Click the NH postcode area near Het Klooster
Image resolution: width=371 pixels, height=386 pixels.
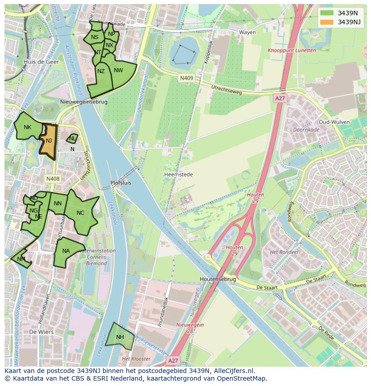[120, 337]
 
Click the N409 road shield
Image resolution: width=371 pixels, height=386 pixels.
[186, 78]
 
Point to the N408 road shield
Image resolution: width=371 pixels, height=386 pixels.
[52, 179]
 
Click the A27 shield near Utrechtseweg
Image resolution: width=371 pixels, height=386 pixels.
[280, 98]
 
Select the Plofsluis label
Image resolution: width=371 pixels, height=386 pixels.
[121, 183]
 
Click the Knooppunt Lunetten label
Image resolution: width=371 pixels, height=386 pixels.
[291, 51]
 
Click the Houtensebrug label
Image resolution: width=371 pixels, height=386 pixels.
[218, 279]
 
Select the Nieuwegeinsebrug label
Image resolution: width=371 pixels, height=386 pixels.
[84, 102]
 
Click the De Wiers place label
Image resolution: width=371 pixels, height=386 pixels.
[41, 332]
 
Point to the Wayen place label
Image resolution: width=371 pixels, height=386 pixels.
[247, 32]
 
